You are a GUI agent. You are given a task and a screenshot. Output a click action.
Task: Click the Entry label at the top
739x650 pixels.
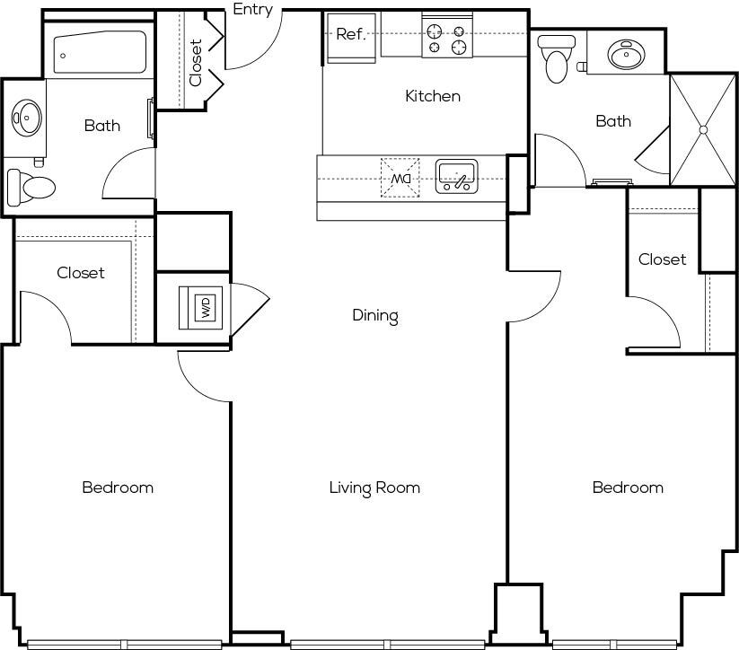[x=253, y=10]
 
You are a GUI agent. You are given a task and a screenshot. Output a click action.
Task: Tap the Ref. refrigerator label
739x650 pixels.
[x=351, y=34]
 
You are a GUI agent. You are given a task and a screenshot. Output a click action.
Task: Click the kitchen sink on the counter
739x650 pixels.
[x=457, y=177]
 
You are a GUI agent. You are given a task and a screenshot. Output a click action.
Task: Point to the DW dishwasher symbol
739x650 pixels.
[x=400, y=178]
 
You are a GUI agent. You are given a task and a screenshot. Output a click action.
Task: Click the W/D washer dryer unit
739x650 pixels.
[x=201, y=308]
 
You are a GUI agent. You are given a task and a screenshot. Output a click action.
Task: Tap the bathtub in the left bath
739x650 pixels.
[x=100, y=52]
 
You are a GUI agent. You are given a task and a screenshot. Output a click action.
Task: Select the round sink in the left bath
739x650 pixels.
[x=27, y=117]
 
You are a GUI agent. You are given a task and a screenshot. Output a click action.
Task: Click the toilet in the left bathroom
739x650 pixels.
[x=31, y=188]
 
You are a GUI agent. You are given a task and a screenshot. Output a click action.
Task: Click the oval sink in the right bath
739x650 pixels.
[x=626, y=54]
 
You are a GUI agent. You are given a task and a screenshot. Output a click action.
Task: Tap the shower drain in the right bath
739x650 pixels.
[x=703, y=129]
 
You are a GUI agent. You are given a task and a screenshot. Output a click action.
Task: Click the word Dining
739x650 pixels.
[x=375, y=315]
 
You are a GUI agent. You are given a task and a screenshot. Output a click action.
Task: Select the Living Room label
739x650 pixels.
[x=374, y=487]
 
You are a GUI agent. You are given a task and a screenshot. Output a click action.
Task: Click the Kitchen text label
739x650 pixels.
[x=433, y=96]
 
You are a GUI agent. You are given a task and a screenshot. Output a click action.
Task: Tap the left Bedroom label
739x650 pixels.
[x=118, y=487]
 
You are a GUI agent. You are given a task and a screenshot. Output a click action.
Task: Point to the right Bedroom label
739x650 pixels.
[x=628, y=487]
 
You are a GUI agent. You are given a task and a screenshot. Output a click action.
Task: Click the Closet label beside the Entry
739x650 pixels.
[x=196, y=63]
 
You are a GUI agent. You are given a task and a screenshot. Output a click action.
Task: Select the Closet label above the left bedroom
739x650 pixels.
[x=81, y=272]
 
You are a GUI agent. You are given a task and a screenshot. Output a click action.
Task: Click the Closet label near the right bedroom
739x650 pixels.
[x=662, y=259]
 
